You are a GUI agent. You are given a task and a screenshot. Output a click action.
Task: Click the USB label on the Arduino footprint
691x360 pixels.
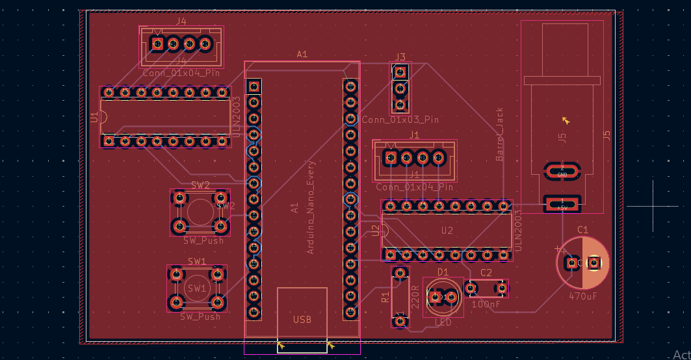(x=302, y=319)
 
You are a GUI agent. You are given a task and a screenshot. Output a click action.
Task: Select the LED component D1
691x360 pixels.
(x=443, y=297)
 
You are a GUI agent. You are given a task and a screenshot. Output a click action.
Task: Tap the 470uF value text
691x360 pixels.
(x=583, y=296)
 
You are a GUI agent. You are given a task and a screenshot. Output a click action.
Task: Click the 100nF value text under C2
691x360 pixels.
(x=486, y=303)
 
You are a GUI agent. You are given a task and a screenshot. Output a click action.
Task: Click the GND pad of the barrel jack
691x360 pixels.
(x=562, y=172)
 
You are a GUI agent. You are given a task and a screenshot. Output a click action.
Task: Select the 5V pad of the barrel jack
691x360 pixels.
(x=562, y=204)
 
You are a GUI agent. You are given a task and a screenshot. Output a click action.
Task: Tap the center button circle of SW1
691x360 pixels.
(x=197, y=288)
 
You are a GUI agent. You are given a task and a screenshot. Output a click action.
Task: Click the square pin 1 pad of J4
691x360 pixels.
(x=157, y=44)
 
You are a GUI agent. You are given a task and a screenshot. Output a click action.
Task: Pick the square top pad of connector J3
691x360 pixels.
(x=400, y=72)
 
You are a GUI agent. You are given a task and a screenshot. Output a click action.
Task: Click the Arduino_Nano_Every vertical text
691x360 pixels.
(x=311, y=207)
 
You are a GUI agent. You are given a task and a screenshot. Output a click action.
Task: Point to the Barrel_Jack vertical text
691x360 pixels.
(x=500, y=135)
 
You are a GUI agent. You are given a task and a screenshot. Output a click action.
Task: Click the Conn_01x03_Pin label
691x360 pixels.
(x=400, y=120)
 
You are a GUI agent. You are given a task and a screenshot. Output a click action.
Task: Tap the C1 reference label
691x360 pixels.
(x=582, y=230)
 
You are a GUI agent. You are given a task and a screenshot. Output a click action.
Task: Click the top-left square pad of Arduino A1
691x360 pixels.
(x=254, y=86)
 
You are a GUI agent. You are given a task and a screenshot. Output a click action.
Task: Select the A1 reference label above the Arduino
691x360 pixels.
(x=302, y=55)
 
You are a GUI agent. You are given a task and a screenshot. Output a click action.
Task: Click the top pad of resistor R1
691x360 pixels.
(x=400, y=273)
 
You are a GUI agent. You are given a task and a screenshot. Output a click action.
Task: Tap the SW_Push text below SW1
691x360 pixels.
(x=200, y=316)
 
